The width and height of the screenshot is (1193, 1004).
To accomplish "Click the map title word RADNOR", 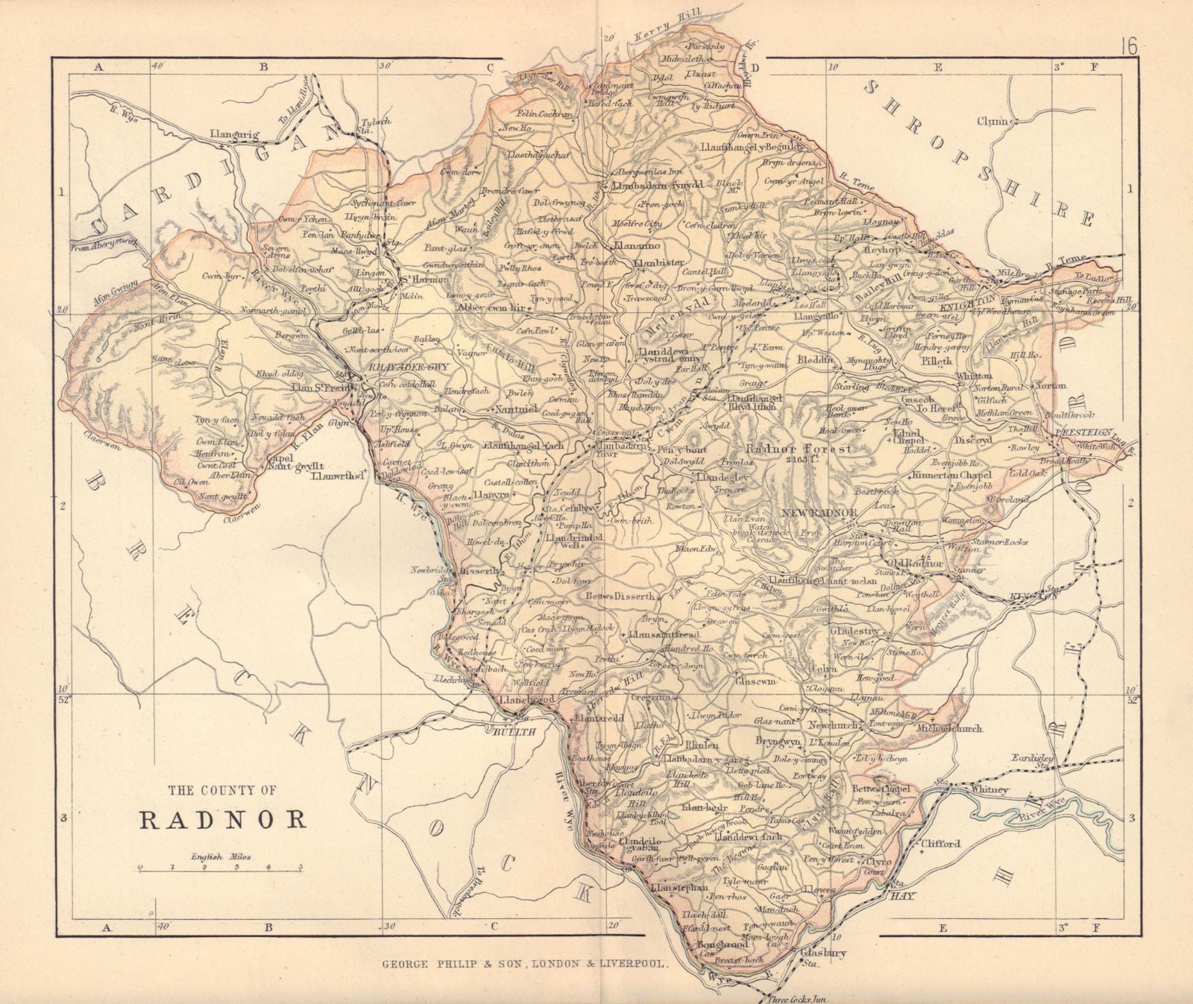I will point(224,819).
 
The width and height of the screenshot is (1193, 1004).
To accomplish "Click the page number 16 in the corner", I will point(1127,47).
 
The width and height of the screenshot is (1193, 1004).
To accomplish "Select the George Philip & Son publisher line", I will point(525,963).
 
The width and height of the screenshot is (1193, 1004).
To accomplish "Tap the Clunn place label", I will point(995,121).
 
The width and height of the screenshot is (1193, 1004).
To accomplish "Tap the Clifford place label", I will point(941,844).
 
